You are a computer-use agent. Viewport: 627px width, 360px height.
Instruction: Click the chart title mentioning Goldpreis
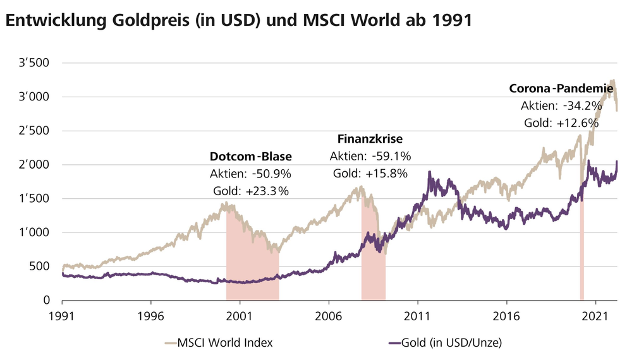pyautogui.click(x=238, y=20)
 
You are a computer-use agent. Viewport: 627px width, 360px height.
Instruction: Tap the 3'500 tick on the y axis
pyautogui.click(x=35, y=63)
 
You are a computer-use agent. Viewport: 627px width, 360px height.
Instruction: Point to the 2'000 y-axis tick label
pyautogui.click(x=35, y=165)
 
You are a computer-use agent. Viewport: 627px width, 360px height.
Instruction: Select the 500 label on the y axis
pyautogui.click(x=40, y=267)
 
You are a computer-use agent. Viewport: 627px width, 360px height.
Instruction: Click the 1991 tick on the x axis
pyautogui.click(x=62, y=314)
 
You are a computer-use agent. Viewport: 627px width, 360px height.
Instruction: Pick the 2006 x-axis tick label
pyautogui.click(x=329, y=314)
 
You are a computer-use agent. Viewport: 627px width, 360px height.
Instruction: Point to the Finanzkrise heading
pyautogui.click(x=370, y=138)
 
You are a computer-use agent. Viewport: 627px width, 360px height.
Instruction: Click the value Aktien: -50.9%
pyautogui.click(x=250, y=174)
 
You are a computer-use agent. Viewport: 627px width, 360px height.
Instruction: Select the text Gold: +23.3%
pyautogui.click(x=250, y=191)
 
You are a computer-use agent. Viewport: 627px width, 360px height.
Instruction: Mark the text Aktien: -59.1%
pyautogui.click(x=370, y=155)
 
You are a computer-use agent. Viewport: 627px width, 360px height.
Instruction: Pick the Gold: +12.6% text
pyautogui.click(x=561, y=123)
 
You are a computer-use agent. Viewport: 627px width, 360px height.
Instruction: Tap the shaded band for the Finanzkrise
pyautogui.click(x=373, y=265)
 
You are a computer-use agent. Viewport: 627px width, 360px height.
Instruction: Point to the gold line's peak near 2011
pyautogui.click(x=430, y=172)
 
